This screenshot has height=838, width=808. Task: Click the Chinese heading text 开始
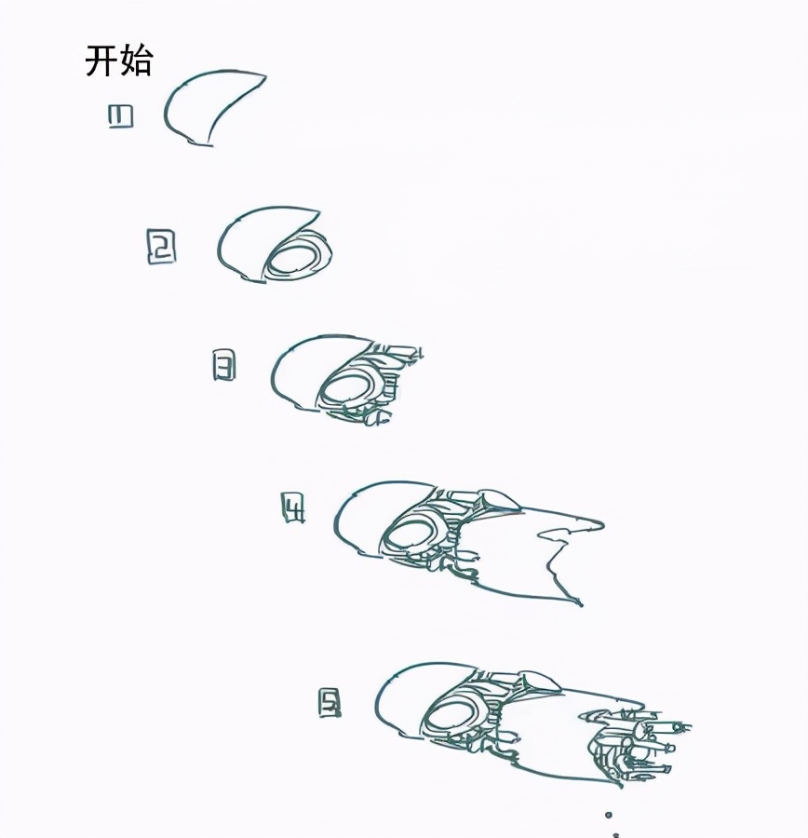[118, 61]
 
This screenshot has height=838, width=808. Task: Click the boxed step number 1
[120, 116]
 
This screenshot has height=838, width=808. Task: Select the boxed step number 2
[161, 247]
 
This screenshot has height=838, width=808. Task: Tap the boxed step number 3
[223, 365]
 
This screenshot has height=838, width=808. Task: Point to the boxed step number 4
[293, 507]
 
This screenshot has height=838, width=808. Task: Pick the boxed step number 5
[330, 703]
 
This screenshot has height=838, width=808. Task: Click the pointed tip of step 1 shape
[265, 76]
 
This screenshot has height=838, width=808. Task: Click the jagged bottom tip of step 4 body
[580, 604]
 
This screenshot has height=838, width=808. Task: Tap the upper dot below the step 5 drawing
[608, 815]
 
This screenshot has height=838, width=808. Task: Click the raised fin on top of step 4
[499, 499]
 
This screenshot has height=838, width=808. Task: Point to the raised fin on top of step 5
[541, 681]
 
